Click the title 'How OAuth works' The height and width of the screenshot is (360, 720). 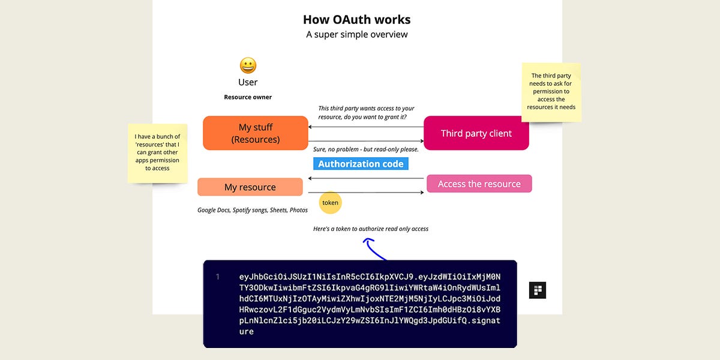(356, 20)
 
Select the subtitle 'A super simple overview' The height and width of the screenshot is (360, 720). (356, 35)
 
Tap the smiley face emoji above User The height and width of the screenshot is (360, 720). (248, 65)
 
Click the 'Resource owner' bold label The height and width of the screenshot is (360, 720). (248, 97)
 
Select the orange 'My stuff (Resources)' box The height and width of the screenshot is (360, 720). (256, 133)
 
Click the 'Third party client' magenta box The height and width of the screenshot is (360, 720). (476, 133)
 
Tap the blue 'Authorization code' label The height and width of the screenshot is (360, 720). (361, 164)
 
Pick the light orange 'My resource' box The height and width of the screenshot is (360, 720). (250, 187)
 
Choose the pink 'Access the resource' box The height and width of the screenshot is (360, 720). (479, 184)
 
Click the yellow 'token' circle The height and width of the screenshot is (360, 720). (330, 203)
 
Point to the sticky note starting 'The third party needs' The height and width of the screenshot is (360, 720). (551, 92)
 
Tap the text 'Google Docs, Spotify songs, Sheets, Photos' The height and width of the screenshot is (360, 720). (253, 211)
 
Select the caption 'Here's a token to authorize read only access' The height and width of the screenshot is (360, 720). (371, 229)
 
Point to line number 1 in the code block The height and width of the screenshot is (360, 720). (218, 277)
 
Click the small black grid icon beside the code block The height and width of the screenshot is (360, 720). (537, 290)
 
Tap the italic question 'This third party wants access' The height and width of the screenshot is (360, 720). (366, 112)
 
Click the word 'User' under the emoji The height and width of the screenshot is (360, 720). (248, 82)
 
